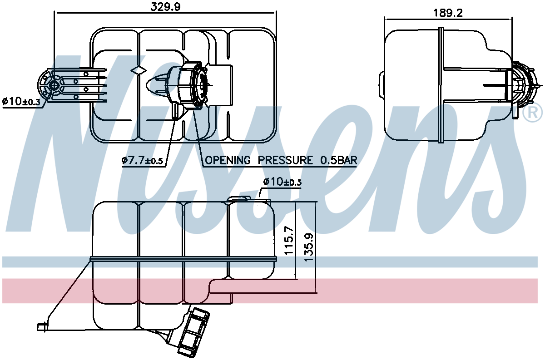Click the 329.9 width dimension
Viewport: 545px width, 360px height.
pos(165,6)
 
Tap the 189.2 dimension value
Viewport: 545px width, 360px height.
pos(448,13)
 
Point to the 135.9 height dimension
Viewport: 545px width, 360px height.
pos(309,247)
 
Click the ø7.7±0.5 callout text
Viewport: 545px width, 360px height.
pos(142,161)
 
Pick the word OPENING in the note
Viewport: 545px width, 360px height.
pos(228,160)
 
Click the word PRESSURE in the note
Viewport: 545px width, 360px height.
pos(285,160)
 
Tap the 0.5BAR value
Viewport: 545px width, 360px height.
pos(339,160)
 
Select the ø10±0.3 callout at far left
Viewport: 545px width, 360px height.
pos(21,101)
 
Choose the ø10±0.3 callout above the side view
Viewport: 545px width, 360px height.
pos(282,182)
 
